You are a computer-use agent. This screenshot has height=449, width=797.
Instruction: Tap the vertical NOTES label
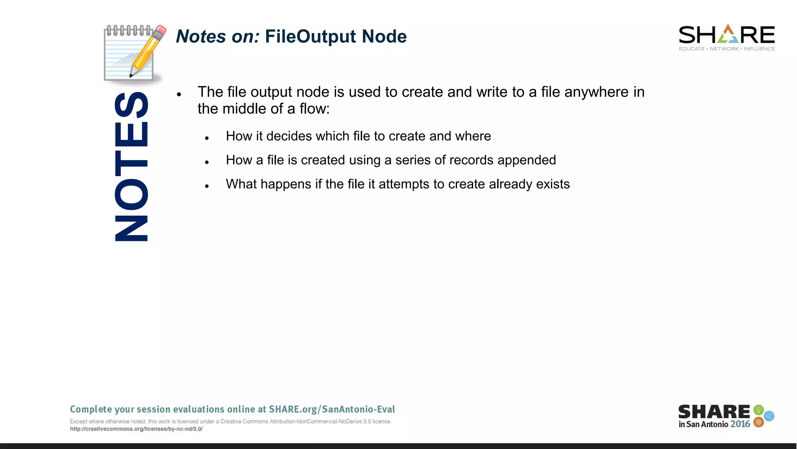coord(132,166)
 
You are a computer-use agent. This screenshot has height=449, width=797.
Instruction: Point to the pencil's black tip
coord(131,75)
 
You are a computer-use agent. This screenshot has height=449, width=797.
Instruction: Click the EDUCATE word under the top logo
coord(692,49)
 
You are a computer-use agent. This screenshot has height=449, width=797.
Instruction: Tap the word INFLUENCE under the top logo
coord(759,49)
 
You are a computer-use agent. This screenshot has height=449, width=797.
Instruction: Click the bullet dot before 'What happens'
coord(207,186)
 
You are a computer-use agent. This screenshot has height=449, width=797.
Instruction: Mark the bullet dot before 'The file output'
coord(179,94)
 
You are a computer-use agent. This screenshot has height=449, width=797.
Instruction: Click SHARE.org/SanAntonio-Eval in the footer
coord(332,409)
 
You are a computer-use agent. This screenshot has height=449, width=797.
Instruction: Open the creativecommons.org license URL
coord(136,429)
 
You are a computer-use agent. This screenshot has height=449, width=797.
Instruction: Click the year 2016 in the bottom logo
coord(740,424)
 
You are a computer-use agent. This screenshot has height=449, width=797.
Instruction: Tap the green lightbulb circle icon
coord(758,410)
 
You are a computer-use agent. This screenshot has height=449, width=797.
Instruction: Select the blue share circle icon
coord(769,416)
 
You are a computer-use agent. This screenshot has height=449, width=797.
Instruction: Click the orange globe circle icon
coord(758,422)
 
